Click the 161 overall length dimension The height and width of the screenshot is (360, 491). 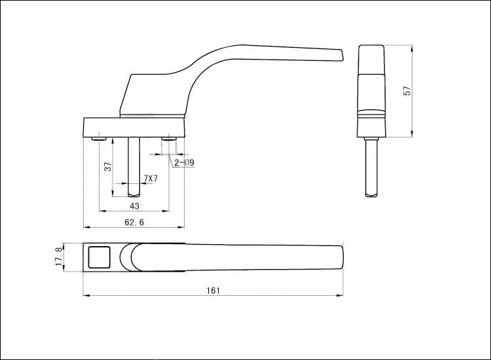[x=213, y=291]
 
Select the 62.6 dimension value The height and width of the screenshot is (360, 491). [x=134, y=223]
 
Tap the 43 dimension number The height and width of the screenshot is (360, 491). [x=134, y=206]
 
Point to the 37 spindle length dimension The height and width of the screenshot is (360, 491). [x=108, y=166]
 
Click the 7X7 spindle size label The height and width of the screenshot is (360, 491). [x=151, y=179]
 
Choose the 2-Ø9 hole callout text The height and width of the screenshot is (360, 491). [x=185, y=162]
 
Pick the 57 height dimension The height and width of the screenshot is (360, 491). [x=407, y=91]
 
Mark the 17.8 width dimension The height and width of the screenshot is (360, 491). [x=59, y=258]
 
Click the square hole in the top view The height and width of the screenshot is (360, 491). [x=100, y=257]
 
